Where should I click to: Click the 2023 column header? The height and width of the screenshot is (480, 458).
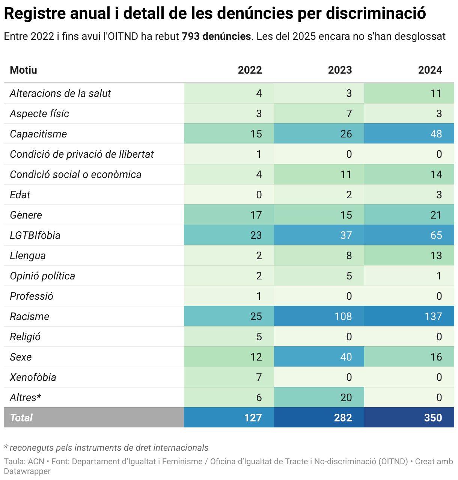tap(340, 70)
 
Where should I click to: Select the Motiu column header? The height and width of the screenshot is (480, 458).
tap(24, 70)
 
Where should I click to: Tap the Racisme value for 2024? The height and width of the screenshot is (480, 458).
tap(433, 316)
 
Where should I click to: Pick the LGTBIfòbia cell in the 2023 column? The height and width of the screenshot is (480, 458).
tap(346, 235)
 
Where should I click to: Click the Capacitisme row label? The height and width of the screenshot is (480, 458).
tap(38, 134)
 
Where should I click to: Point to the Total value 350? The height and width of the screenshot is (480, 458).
tap(433, 418)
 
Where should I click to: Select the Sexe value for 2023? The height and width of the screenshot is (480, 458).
tap(346, 357)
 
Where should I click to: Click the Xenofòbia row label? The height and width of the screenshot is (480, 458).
tap(33, 377)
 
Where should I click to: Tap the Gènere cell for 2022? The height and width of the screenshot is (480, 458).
tap(256, 215)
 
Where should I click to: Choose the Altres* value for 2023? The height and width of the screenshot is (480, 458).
tap(346, 397)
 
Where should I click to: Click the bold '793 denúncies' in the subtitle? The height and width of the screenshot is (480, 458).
tap(216, 36)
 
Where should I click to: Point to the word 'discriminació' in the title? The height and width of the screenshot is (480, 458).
tap(376, 14)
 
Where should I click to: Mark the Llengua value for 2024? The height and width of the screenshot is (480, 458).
tap(436, 255)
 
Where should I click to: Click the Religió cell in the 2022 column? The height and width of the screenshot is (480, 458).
tap(259, 337)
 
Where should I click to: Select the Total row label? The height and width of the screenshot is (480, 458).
tap(21, 418)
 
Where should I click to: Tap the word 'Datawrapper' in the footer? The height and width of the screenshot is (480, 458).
tap(27, 471)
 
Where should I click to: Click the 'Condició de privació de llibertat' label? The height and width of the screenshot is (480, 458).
tap(82, 154)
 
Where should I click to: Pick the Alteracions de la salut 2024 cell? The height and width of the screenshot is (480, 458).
tap(436, 93)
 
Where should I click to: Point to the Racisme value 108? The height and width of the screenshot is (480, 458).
tap(343, 316)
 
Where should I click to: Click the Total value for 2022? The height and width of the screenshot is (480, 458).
tap(253, 418)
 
